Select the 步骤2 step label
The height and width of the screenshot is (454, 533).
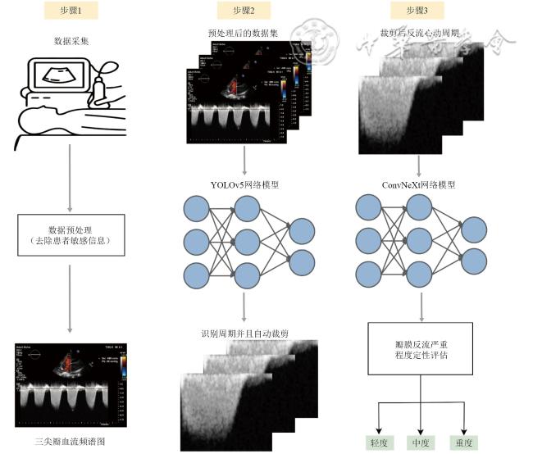click(x=244, y=10)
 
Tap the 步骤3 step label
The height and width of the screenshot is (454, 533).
click(x=421, y=10)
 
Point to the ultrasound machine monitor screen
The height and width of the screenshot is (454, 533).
click(x=59, y=76)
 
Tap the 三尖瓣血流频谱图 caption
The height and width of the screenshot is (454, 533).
click(x=70, y=442)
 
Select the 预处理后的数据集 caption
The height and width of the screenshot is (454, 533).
click(x=244, y=34)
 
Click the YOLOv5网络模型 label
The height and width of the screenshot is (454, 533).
click(x=244, y=184)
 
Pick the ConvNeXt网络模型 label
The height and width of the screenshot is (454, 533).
click(x=421, y=184)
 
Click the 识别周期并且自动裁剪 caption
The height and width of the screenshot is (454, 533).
click(x=244, y=334)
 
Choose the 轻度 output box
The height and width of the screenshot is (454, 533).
click(x=376, y=443)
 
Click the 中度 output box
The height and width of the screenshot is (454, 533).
click(x=421, y=443)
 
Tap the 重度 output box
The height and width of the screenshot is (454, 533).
click(x=465, y=443)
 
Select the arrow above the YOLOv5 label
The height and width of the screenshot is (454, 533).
click(x=244, y=159)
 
